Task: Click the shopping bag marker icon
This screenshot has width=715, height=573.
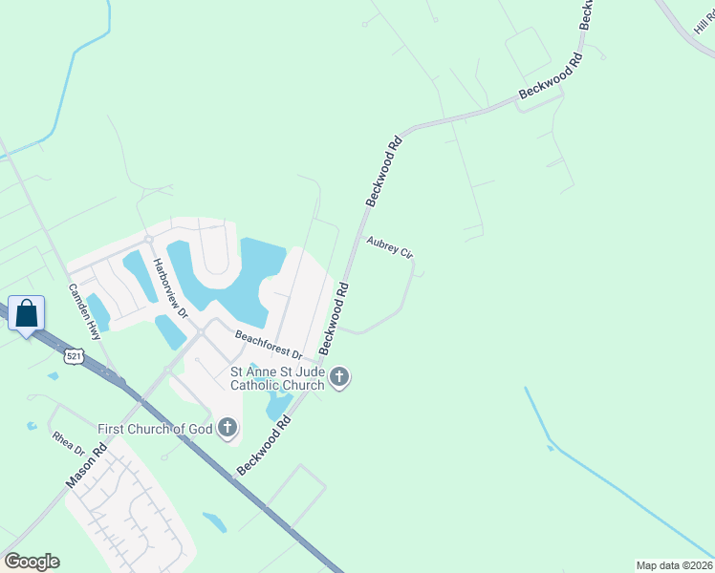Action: coord(27,312)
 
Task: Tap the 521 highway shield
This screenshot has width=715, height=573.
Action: coord(75,356)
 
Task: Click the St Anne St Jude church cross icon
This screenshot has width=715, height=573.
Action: coord(339,379)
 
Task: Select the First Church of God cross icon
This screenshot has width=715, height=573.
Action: coord(227,427)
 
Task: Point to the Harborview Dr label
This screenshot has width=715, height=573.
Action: coord(171,288)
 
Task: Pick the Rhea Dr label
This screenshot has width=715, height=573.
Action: coord(69,444)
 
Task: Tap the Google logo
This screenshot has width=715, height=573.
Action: coord(32,562)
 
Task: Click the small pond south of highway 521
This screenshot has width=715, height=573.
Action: coord(215,521)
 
